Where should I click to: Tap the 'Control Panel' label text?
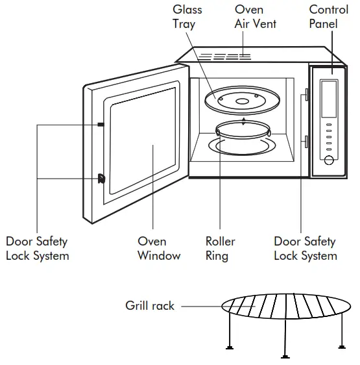click(328, 16)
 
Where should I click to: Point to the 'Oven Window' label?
click(158, 248)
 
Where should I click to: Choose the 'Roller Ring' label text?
click(220, 248)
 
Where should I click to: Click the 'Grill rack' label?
click(150, 305)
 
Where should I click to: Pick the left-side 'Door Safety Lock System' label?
click(37, 248)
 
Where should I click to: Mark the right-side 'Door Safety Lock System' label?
click(305, 248)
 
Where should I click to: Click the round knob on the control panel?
click(329, 160)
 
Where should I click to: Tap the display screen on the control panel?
click(328, 96)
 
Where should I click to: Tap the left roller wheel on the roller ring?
click(219, 133)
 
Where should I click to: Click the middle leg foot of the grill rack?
click(285, 355)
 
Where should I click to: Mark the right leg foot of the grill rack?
click(341, 346)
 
